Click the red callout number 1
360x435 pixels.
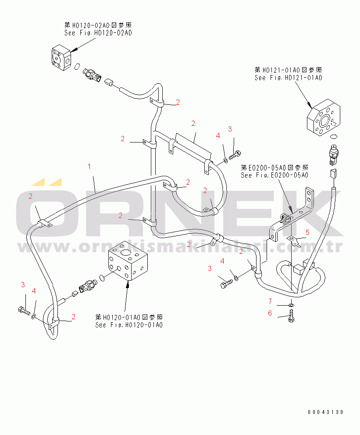tap(89, 167)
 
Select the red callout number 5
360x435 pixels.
tap(307, 232)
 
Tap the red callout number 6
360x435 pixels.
tap(270, 313)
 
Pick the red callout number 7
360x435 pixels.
tap(270, 300)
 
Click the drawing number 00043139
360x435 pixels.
tap(325, 412)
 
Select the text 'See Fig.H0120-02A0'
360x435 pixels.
tap(98, 33)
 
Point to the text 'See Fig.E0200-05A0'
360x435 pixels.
tap(274, 175)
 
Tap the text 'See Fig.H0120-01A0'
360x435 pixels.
tap(129, 325)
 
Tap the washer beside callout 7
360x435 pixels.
tap(292, 304)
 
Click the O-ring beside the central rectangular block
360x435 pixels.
tap(102, 277)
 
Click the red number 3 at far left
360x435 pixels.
tap(23, 285)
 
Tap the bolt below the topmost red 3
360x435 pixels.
tap(235, 154)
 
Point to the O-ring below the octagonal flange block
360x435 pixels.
tap(334, 136)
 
